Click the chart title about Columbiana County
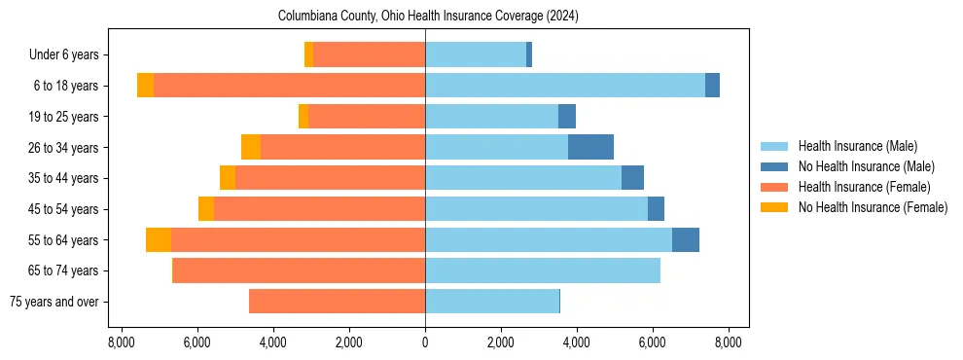428,17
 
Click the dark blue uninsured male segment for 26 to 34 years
590,147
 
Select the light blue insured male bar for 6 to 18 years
564,86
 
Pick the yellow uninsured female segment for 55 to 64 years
159,239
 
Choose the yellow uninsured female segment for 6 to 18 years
145,86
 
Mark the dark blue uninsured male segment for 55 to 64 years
685,239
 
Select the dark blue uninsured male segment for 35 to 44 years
632,178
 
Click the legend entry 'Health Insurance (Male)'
857,146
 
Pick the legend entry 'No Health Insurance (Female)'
873,207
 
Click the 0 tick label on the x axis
425,342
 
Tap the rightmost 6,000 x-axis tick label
652,342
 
